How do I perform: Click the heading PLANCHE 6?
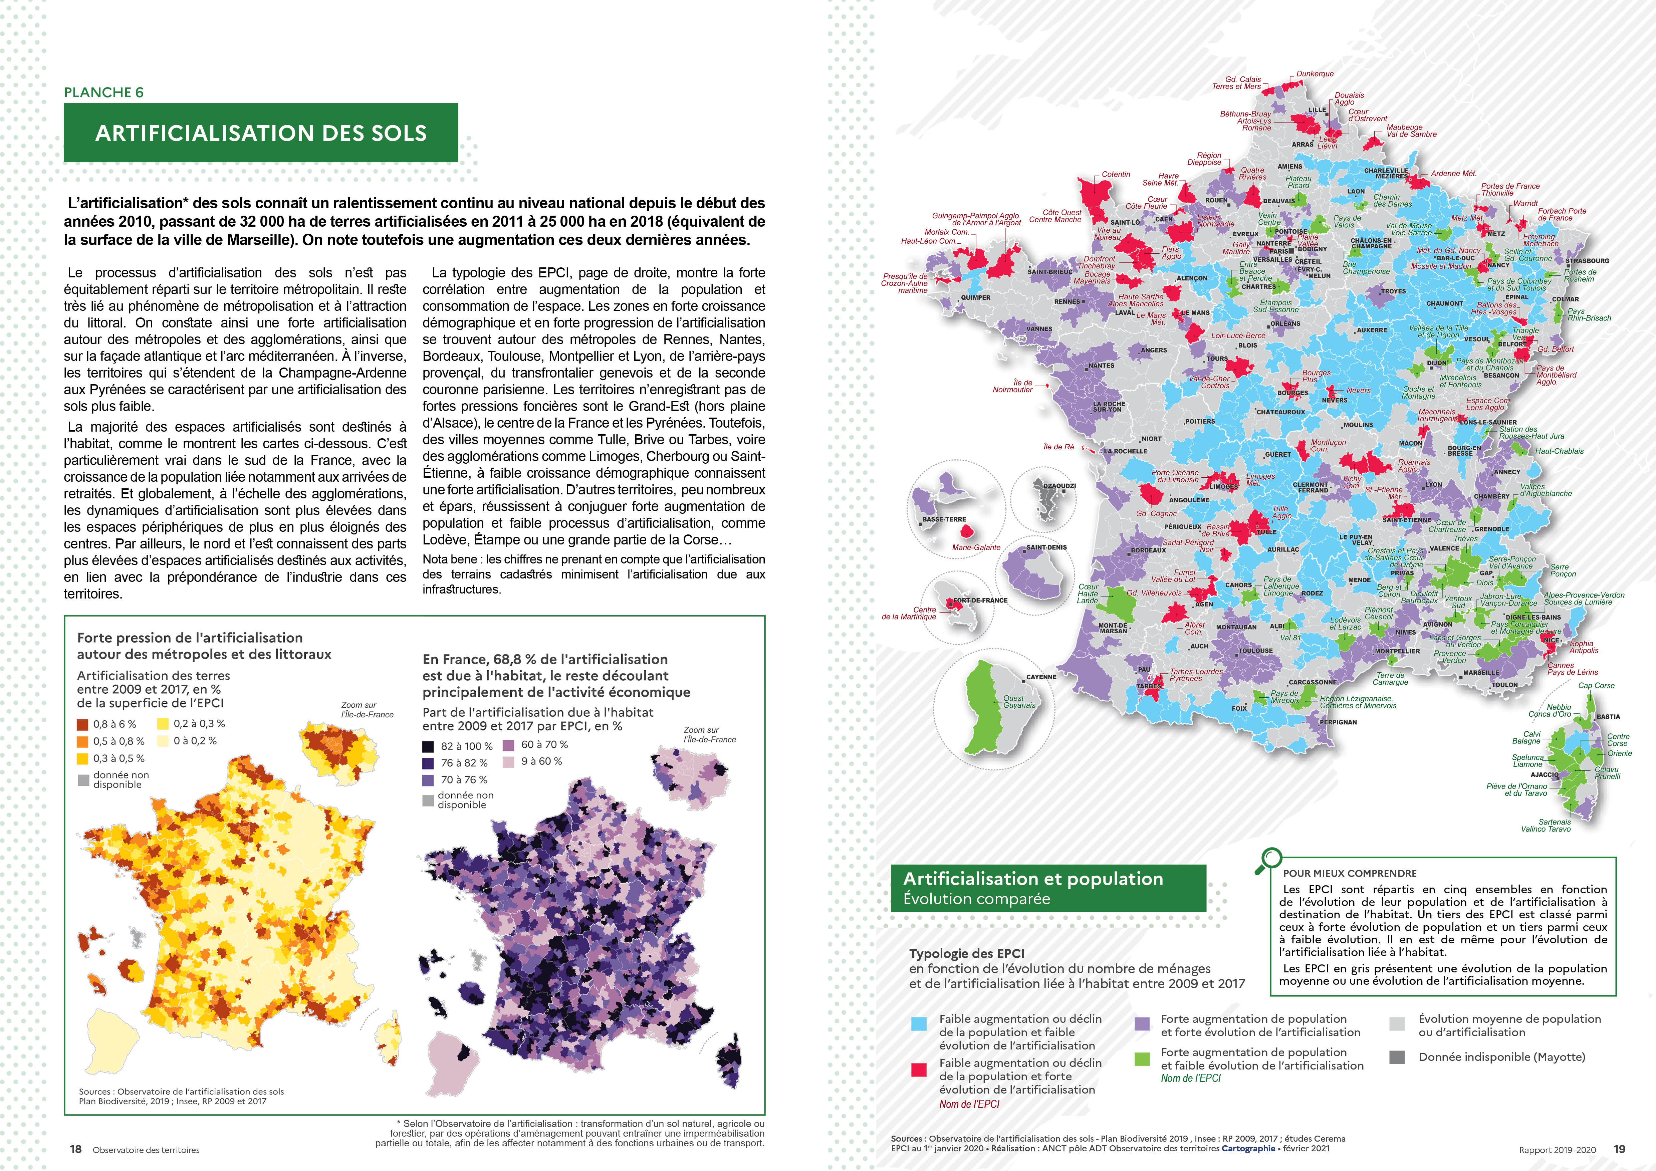(x=104, y=92)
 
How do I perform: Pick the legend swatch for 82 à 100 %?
(x=428, y=746)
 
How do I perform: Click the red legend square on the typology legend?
(x=919, y=1069)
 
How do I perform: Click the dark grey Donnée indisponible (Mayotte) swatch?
(x=1397, y=1057)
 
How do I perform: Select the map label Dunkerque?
(x=1315, y=73)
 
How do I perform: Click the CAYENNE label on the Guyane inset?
(x=1041, y=677)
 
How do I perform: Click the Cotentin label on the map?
(x=1116, y=175)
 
